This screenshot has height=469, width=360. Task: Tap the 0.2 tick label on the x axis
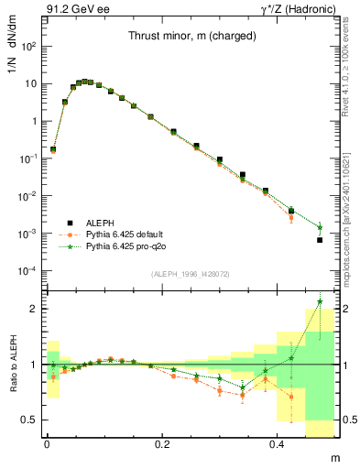point(163,442)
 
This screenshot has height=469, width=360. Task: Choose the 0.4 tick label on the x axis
point(279,442)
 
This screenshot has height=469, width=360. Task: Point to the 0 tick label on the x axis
point(47,442)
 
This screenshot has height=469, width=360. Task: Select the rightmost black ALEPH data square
point(320,240)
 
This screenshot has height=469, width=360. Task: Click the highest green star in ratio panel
point(320,301)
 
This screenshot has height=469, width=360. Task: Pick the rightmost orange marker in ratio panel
point(291,397)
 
